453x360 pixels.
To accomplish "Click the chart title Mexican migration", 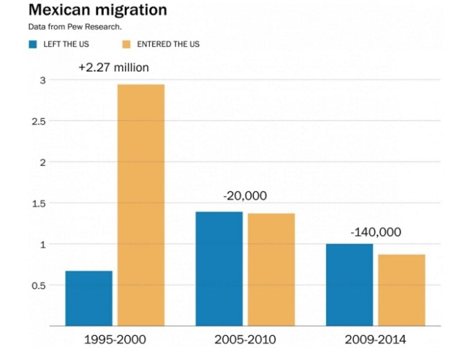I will click(97, 10).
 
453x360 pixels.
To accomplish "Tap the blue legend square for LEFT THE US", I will click(32, 45).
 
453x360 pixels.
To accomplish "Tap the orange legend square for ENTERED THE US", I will click(127, 45).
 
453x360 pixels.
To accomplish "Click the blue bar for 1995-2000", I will click(88, 298).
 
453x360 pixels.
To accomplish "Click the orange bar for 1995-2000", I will click(141, 205).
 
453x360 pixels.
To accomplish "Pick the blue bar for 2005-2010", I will click(219, 268).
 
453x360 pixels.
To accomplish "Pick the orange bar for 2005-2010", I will click(271, 269).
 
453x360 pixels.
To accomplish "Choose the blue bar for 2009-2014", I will click(349, 284).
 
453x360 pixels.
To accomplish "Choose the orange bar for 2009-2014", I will click(401, 290).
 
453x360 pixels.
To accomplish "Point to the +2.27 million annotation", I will click(113, 68).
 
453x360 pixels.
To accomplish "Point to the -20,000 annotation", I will click(244, 196).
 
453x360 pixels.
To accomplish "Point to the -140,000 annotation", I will click(375, 232).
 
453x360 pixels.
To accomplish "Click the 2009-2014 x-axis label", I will click(375, 340).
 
